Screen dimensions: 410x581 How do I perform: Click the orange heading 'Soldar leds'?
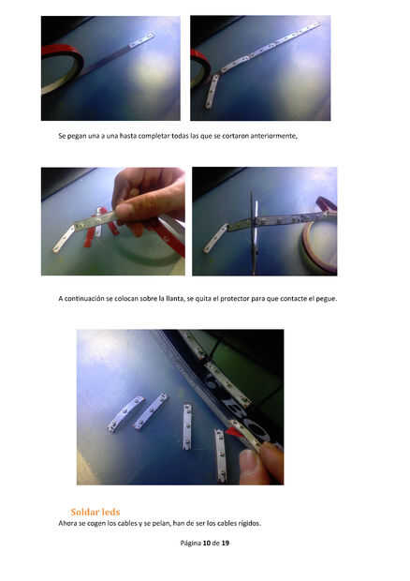[95, 512]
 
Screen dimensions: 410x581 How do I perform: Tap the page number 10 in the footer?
[207, 543]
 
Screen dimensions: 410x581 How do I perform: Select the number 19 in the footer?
[226, 543]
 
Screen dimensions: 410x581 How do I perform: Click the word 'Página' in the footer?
[190, 544]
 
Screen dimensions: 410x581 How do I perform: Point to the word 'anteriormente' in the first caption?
[273, 136]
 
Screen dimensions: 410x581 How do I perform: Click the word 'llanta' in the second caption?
[175, 298]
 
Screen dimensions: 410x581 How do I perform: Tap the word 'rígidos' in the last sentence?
[250, 523]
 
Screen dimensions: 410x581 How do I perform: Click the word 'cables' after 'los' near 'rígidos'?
[227, 523]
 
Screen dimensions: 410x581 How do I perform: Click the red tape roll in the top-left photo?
[62, 68]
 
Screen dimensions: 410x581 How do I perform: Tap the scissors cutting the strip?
[254, 233]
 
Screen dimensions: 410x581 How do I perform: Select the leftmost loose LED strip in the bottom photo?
[125, 413]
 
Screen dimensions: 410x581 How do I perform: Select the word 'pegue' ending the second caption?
[326, 299]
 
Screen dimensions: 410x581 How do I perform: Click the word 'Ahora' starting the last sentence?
[67, 523]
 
